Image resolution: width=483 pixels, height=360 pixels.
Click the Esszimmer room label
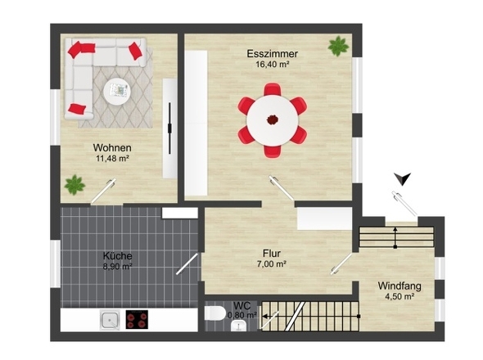[x=273, y=53]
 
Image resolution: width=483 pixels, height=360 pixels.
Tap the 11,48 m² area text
[x=112, y=159]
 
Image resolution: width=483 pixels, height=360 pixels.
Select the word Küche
[x=117, y=256]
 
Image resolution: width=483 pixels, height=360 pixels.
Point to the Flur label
[x=271, y=254]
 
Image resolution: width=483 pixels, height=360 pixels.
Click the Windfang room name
[x=399, y=286]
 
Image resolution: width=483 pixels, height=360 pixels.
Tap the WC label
[x=241, y=306]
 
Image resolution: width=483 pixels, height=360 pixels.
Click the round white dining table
[x=273, y=120]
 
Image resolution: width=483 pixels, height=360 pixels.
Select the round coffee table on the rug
[x=117, y=91]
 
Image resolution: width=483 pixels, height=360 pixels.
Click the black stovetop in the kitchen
[x=137, y=319]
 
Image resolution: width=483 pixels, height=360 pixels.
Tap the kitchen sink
[x=110, y=320]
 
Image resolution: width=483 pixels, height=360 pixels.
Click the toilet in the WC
[x=214, y=313]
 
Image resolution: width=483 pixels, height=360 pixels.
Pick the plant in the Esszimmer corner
[x=338, y=46]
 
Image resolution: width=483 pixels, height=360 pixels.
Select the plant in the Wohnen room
[x=74, y=185]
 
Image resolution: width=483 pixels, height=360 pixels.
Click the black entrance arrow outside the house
[x=403, y=178]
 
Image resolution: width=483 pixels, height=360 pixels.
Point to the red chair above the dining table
[x=273, y=89]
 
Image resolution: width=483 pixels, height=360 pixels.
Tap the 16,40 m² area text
[x=273, y=65]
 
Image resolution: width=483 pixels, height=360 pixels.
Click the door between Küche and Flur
[x=187, y=264]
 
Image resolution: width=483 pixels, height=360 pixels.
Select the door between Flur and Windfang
[x=341, y=264]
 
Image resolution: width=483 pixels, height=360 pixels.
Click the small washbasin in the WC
[x=238, y=326]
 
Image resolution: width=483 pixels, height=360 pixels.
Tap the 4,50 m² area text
[x=399, y=296]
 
